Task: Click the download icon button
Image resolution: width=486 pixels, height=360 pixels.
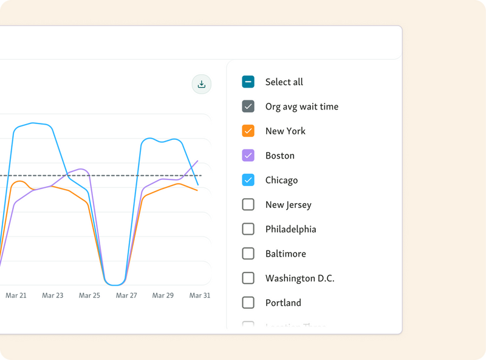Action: click(202, 85)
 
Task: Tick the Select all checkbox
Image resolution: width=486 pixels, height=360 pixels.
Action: click(248, 82)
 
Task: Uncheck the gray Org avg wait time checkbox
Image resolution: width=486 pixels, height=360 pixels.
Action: click(248, 106)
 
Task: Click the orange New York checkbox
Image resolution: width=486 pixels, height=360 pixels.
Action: click(248, 131)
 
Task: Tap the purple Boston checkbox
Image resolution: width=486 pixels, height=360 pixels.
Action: click(248, 156)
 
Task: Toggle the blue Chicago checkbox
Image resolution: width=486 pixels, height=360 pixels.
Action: click(248, 180)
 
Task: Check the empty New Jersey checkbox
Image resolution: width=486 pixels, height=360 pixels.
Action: click(248, 204)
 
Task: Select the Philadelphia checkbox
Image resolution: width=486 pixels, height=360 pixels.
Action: click(248, 229)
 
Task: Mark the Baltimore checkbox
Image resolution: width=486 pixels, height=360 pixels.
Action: click(248, 254)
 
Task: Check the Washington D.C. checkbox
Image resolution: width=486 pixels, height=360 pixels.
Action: click(248, 278)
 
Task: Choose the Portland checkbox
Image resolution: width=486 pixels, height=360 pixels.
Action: click(248, 302)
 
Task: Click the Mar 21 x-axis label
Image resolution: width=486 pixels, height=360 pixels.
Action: click(16, 296)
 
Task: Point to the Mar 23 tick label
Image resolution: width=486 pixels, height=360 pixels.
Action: click(53, 296)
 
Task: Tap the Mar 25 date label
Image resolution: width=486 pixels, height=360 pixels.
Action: click(89, 296)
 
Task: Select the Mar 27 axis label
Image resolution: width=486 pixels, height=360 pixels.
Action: click(126, 296)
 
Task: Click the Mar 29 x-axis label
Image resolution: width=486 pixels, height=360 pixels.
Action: click(163, 296)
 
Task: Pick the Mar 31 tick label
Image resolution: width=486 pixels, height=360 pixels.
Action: click(199, 296)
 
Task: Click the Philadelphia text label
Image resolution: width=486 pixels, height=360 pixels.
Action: click(290, 229)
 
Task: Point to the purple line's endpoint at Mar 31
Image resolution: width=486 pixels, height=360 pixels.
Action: click(198, 161)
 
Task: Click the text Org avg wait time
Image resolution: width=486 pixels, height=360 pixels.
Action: click(302, 106)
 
